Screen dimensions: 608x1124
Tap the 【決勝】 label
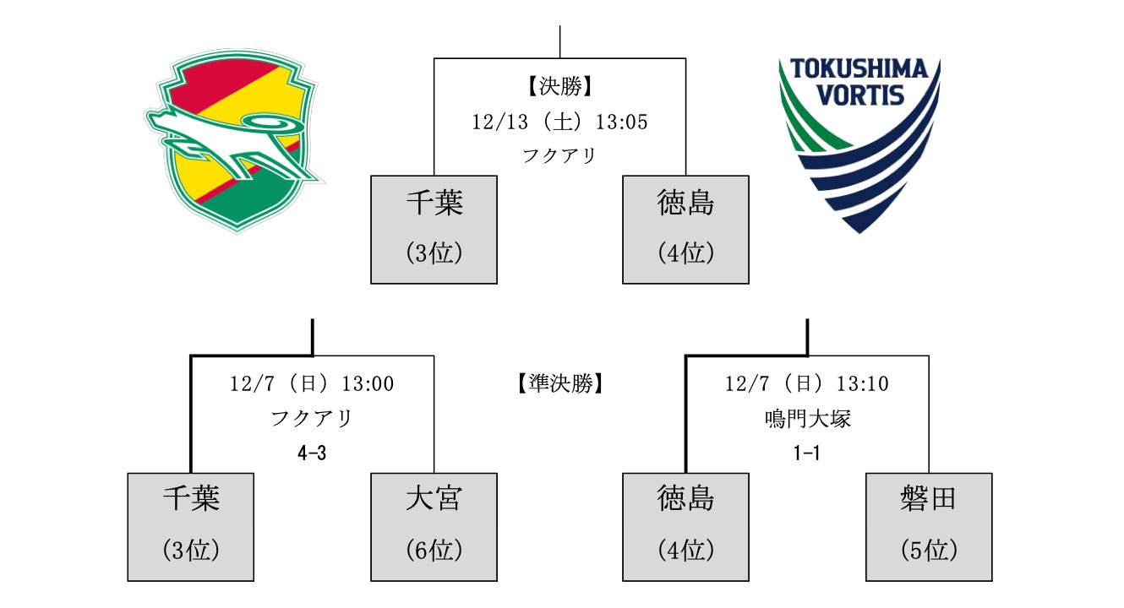click(559, 86)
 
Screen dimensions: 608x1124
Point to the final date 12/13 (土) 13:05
click(559, 122)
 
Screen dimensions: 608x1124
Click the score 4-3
click(312, 453)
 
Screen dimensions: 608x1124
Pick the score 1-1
click(807, 453)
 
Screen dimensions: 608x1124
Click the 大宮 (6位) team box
click(434, 527)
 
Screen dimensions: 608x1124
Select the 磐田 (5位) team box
click(929, 527)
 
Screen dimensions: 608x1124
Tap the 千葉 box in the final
click(434, 229)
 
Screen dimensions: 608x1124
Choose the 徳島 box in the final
click(685, 229)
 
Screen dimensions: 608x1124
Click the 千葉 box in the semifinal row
click(191, 527)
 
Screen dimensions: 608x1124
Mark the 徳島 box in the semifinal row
click(685, 527)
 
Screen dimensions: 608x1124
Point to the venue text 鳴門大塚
click(807, 419)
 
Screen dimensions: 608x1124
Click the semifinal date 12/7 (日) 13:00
click(312, 384)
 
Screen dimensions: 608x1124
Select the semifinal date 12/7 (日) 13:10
click(807, 384)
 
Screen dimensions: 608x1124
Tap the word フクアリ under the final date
click(559, 156)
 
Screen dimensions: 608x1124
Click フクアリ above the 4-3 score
click(312, 419)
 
